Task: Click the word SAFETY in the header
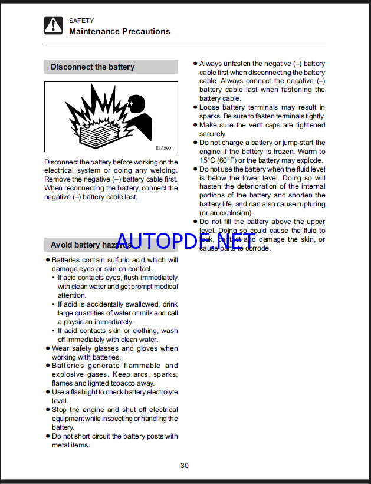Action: click(x=81, y=21)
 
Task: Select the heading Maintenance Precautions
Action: click(x=120, y=32)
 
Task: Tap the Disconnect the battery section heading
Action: click(x=93, y=67)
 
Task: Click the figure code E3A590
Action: click(x=163, y=149)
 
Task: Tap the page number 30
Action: click(x=185, y=466)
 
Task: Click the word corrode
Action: click(x=258, y=248)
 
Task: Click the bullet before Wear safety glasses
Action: click(x=48, y=348)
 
